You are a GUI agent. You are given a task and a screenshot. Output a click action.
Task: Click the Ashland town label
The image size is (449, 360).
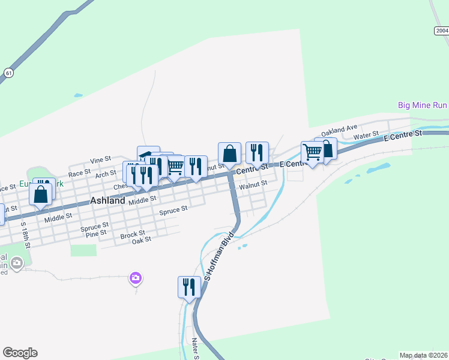[107, 201]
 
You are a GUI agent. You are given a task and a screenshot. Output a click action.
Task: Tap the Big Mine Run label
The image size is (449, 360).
[423, 105]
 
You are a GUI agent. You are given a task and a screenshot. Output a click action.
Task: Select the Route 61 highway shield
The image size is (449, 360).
[8, 73]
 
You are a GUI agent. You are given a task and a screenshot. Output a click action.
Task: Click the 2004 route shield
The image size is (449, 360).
[441, 31]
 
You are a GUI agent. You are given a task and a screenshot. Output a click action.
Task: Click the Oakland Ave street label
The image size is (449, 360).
[339, 130]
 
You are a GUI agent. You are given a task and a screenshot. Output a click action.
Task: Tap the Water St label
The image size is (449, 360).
[366, 136]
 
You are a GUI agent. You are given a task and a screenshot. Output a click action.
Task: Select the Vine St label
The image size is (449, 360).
[101, 160]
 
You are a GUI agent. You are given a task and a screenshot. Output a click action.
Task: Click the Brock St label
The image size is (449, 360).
[133, 233]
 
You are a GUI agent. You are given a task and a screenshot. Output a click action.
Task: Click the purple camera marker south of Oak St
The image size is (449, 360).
[136, 278]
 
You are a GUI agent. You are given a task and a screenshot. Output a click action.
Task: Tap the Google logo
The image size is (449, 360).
[20, 353]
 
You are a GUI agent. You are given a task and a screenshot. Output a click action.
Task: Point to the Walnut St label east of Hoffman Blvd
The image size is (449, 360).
[253, 186]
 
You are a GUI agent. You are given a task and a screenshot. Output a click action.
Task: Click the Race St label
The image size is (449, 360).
[79, 173]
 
